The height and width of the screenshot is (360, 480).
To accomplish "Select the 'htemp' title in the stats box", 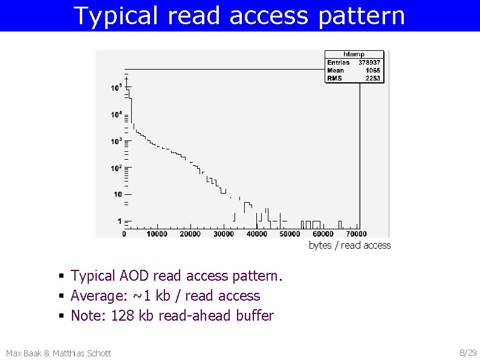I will pyautogui.click(x=354, y=54).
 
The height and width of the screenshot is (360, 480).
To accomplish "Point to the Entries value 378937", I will pyautogui.click(x=369, y=62).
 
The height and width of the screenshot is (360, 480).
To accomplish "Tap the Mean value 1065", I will pyautogui.click(x=372, y=70).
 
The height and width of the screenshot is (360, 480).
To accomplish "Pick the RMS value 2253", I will pyautogui.click(x=372, y=78).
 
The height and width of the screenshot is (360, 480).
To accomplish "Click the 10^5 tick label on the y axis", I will pyautogui.click(x=116, y=87).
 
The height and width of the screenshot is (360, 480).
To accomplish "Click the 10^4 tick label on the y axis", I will pyautogui.click(x=116, y=114).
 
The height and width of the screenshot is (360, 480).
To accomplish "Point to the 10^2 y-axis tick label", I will pyautogui.click(x=116, y=168).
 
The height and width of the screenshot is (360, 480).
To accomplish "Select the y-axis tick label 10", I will pyautogui.click(x=117, y=194).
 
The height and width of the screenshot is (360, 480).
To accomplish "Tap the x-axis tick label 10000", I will pyautogui.click(x=157, y=234).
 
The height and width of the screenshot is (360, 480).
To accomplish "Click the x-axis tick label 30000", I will pyautogui.click(x=224, y=234).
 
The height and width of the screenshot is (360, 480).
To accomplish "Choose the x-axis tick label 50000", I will pyautogui.click(x=290, y=234).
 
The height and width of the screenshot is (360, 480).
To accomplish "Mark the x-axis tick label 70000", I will pyautogui.click(x=356, y=234).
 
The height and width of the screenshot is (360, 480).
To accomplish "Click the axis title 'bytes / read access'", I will pyautogui.click(x=349, y=245).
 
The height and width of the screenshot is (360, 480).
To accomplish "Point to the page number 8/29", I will pyautogui.click(x=468, y=353).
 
